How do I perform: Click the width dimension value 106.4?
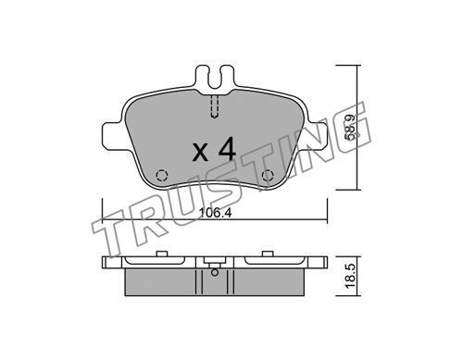[215, 213]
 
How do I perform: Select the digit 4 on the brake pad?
[227, 149]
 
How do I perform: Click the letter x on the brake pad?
[200, 153]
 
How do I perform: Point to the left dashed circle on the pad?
[162, 176]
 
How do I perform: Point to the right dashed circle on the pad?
[268, 176]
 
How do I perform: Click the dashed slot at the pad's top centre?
[215, 106]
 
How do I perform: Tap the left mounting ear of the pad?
[113, 136]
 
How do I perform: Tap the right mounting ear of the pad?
[316, 136]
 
